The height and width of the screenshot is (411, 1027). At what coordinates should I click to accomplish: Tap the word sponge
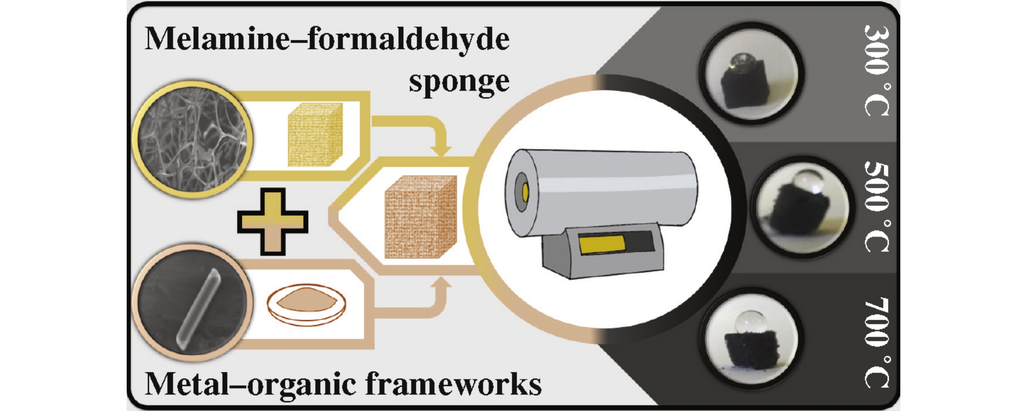pyautogui.click(x=459, y=82)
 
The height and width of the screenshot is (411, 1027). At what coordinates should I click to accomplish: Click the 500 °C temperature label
pyautogui.click(x=876, y=207)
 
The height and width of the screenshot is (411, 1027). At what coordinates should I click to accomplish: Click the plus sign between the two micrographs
pyautogui.click(x=272, y=222)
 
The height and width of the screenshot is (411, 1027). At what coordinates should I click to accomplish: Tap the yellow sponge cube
pyautogui.click(x=315, y=135)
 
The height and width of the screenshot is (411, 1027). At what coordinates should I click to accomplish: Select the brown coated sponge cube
pyautogui.click(x=420, y=216)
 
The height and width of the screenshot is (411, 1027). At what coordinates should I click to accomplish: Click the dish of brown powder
pyautogui.click(x=306, y=304)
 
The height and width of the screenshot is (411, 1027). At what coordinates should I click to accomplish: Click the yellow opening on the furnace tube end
pyautogui.click(x=525, y=192)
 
